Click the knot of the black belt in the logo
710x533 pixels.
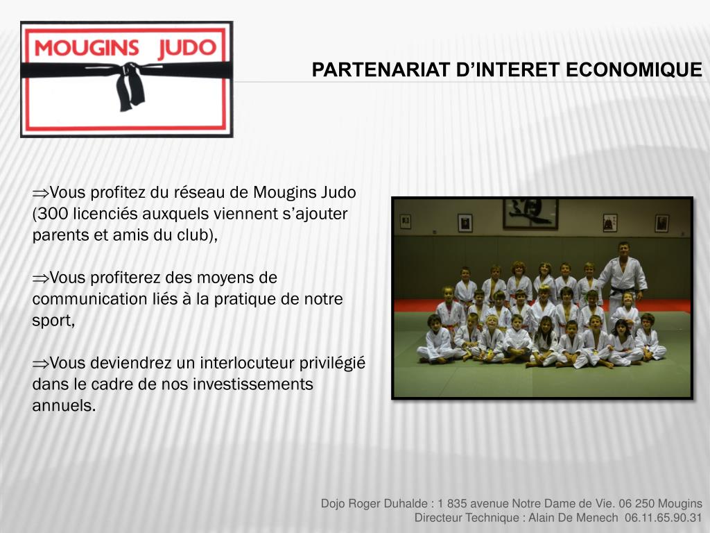point(129,71)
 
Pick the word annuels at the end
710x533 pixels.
point(62,406)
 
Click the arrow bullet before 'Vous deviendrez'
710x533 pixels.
point(40,363)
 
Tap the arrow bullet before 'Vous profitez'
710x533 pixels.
point(40,192)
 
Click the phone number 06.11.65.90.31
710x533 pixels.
point(663,518)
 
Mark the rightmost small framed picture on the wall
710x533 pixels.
point(661,223)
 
